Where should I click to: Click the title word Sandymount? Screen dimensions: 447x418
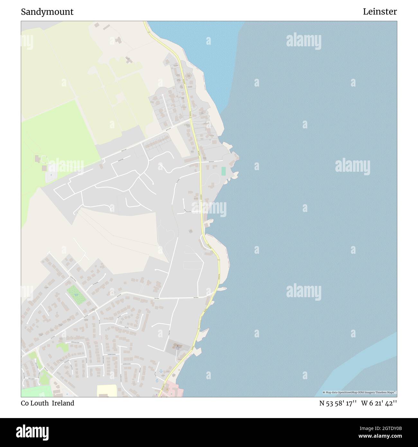coord(47,12)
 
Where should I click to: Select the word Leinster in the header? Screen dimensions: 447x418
coord(380,12)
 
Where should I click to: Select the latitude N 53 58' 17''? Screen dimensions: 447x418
coord(338,403)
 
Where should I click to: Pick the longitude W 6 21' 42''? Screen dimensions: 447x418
coord(379,403)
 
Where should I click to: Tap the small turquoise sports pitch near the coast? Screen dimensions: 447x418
coord(223,171)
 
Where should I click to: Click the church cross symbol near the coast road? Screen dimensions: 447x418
coord(177,347)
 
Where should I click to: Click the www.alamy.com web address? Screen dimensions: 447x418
coord(379,436)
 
